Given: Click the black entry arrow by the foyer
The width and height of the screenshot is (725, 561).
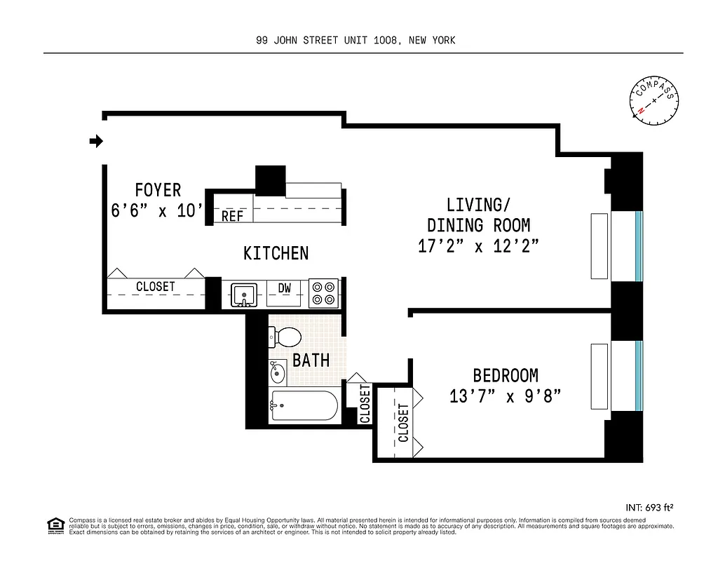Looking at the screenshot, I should tap(96, 142).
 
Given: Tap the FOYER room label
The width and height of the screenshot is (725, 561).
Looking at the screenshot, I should tap(158, 190).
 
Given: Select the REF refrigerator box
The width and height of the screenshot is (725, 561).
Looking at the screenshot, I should tap(232, 216).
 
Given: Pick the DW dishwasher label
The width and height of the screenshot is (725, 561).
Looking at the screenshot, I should tap(285, 288).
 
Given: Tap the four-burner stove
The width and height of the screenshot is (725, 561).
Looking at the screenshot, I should tap(323, 294).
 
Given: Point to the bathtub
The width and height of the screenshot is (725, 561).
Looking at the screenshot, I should tap(305, 405).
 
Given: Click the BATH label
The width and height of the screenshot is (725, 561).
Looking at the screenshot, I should tap(311, 360).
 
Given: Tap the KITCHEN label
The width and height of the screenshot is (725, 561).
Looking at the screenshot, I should tap(276, 253).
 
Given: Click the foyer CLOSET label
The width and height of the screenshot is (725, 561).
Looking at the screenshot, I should tap(156, 287).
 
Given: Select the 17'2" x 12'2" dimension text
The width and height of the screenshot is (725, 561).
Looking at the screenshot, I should tap(478, 247).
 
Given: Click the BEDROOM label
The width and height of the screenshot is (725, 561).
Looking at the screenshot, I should tap(505, 376).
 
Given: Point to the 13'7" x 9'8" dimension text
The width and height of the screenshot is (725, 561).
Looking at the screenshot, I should tap(505, 397).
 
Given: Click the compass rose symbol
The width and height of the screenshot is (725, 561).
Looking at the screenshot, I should tap(655, 101).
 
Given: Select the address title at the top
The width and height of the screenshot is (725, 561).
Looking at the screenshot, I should tap(356, 41).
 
